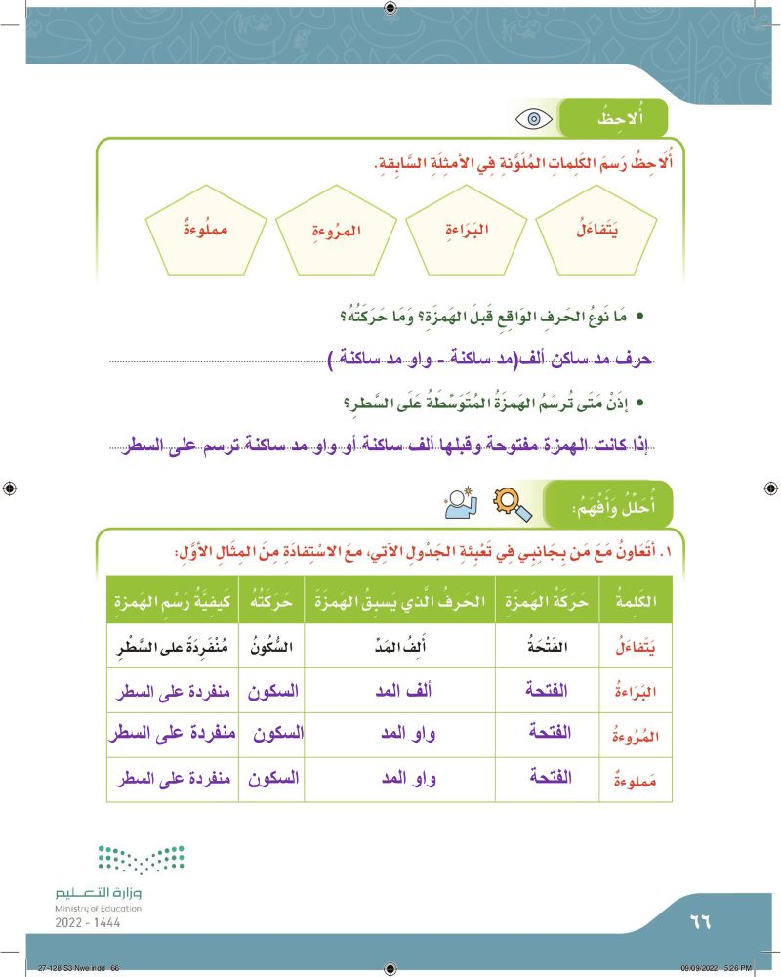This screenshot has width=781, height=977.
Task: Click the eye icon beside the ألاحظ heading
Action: click(x=534, y=120)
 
